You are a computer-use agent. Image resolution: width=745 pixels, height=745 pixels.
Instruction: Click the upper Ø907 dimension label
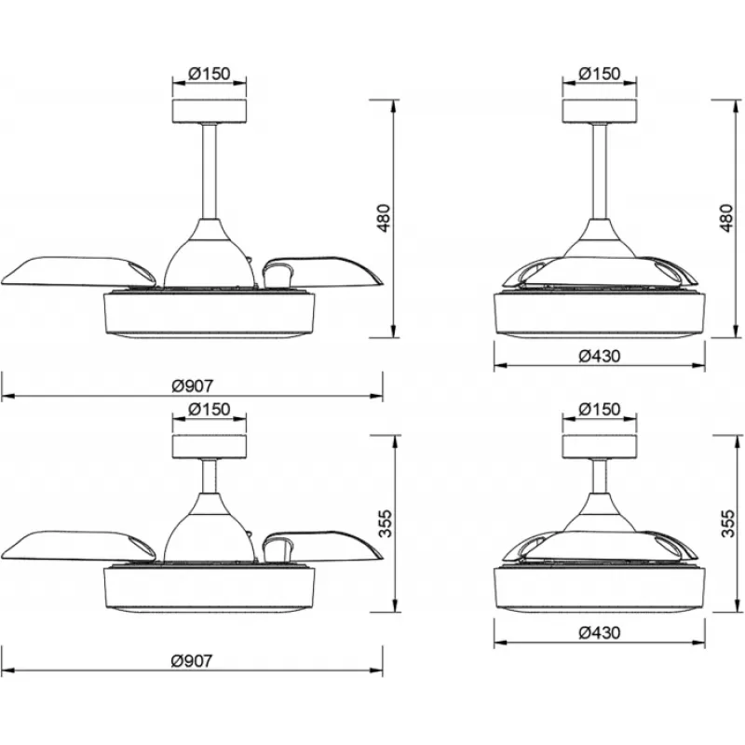193,386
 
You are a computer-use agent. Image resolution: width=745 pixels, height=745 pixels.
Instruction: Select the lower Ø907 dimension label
193,661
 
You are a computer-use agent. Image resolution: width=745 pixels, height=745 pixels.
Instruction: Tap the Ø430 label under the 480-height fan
600,356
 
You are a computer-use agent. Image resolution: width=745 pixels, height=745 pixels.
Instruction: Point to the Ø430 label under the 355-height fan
600,632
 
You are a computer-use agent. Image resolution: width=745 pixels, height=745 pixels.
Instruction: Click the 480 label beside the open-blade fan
384,218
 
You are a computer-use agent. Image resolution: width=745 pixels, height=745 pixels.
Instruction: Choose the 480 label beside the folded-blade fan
726,218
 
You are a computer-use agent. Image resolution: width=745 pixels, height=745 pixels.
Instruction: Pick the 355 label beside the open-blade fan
386,523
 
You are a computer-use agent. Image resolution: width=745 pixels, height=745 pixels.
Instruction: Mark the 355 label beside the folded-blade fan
728,523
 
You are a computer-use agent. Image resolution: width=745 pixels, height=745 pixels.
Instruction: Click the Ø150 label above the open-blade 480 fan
210,74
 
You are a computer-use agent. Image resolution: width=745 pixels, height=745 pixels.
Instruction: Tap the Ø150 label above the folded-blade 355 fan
600,409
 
